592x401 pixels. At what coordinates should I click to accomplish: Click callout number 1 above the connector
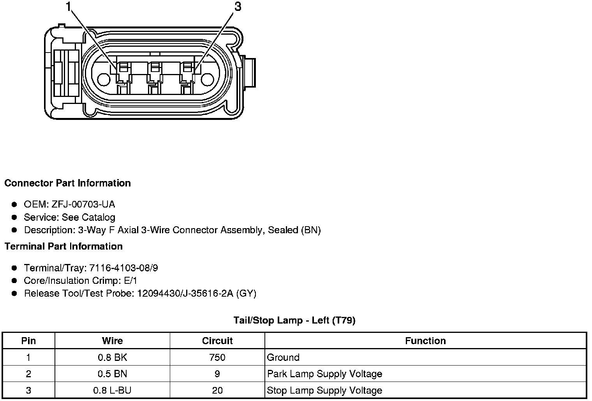point(69,7)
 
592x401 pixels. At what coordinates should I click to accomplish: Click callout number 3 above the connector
point(238,7)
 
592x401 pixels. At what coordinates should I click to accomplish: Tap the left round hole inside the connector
point(104,79)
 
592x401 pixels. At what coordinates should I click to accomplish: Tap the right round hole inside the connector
point(208,79)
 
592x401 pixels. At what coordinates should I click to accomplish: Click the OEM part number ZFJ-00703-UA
point(83,204)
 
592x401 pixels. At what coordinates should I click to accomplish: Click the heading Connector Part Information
point(68,183)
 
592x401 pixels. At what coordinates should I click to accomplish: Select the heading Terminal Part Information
point(64,246)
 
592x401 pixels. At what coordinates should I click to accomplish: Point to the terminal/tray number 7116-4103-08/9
point(124,268)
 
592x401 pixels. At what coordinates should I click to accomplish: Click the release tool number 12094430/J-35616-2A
point(185,294)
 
